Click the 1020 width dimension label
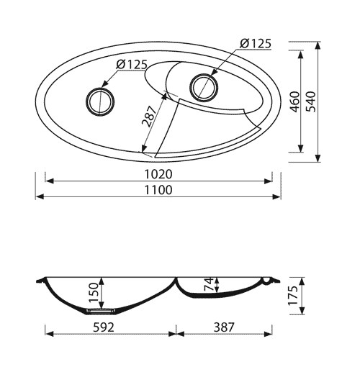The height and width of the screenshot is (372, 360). pyautogui.click(x=158, y=174)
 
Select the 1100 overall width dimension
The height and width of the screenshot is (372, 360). pyautogui.click(x=158, y=190)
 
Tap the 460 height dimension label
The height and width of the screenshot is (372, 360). pyautogui.click(x=295, y=101)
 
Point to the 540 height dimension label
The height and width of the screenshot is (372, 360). pyautogui.click(x=311, y=101)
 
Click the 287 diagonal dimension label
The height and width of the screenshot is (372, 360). pyautogui.click(x=149, y=116)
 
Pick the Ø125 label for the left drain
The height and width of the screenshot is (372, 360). pyautogui.click(x=131, y=65)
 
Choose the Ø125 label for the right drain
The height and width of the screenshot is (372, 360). pyautogui.click(x=256, y=44)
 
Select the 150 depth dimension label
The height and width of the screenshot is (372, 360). pyautogui.click(x=94, y=293)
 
